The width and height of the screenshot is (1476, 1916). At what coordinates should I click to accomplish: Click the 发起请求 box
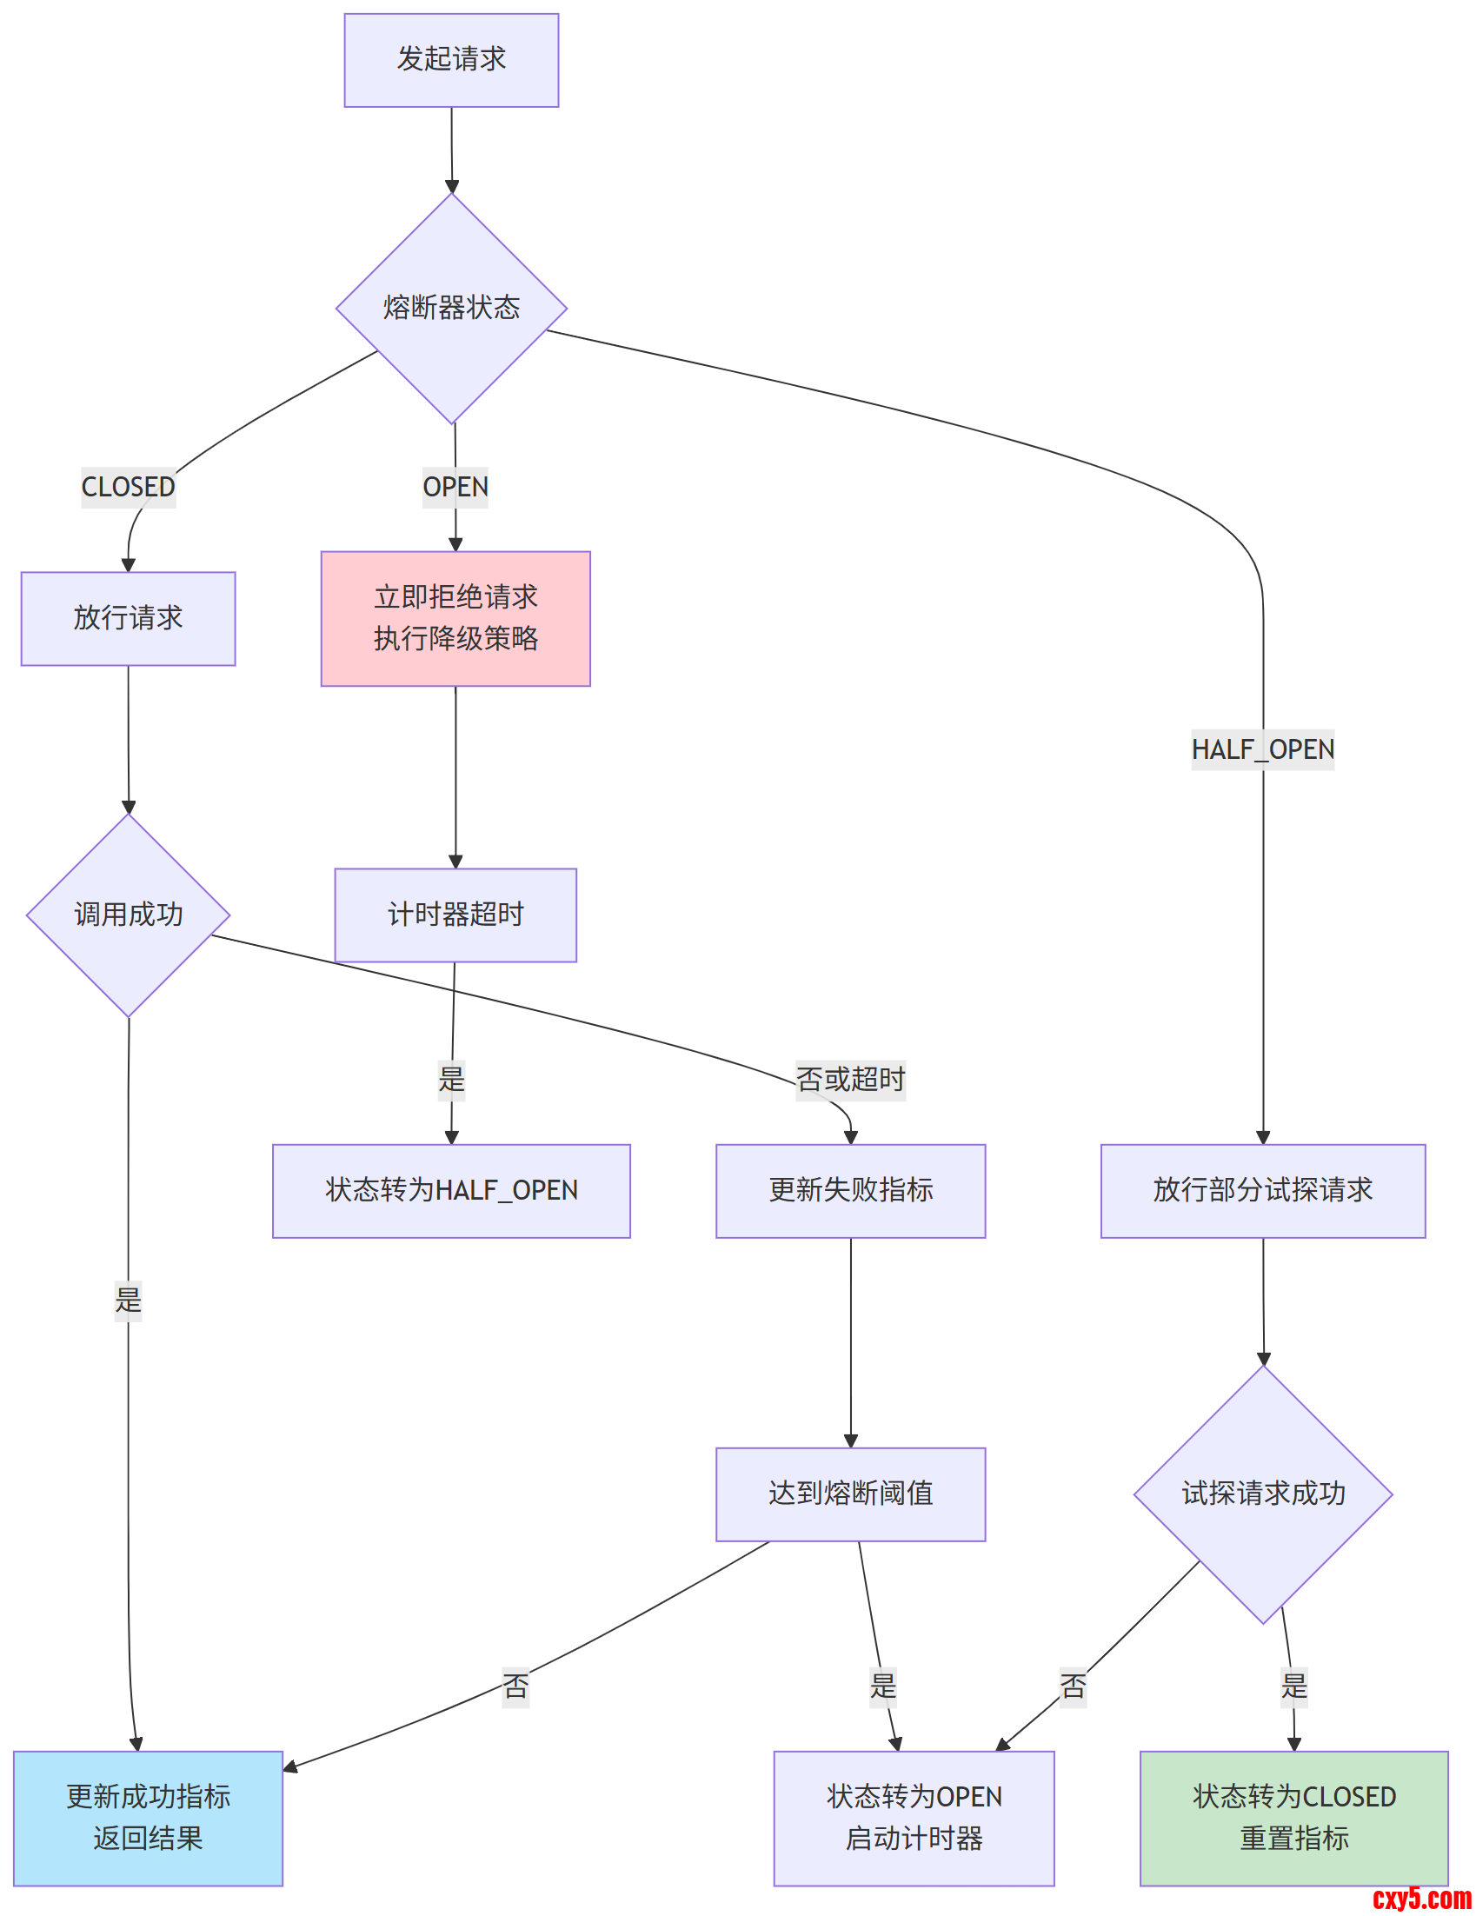click(x=451, y=60)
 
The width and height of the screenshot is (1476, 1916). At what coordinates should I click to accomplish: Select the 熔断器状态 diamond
click(x=451, y=308)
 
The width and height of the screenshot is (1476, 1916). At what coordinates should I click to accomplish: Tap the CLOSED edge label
click(x=128, y=487)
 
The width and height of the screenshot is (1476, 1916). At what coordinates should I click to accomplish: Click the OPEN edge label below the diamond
click(x=455, y=487)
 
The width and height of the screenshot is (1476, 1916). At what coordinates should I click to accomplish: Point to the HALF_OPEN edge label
click(x=1262, y=750)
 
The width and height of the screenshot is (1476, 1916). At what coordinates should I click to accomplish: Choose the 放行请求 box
click(x=128, y=618)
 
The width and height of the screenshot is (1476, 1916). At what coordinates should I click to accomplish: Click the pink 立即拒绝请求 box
click(x=455, y=618)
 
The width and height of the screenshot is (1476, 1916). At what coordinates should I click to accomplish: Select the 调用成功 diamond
click(x=128, y=915)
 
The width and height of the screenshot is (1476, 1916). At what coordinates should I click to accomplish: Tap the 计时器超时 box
click(x=455, y=915)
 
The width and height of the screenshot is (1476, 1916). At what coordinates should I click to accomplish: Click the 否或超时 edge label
click(x=850, y=1079)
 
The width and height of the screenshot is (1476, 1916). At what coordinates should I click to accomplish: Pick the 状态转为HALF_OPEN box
click(x=451, y=1190)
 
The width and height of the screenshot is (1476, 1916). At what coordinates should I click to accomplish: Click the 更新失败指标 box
click(x=850, y=1190)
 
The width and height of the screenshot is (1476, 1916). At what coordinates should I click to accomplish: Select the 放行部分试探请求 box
click(x=1262, y=1190)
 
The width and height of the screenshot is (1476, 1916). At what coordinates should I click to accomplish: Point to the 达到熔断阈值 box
click(x=850, y=1494)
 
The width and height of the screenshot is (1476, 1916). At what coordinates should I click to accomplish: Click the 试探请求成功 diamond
click(x=1262, y=1494)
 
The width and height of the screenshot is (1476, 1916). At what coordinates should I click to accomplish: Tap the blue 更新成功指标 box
click(x=147, y=1818)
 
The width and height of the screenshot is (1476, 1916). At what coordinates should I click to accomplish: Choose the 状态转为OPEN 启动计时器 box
click(x=913, y=1818)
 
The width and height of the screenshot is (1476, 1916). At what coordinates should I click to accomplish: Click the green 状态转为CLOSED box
click(x=1293, y=1818)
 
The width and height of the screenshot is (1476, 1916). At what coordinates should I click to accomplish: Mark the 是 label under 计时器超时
click(x=451, y=1079)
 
